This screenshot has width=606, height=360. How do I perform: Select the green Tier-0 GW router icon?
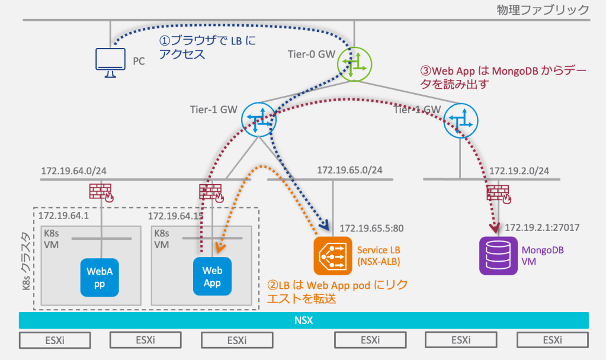tap(355, 63)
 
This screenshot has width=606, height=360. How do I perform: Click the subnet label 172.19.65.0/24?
tap(349, 170)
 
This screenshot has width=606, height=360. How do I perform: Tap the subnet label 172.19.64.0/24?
tap(73, 171)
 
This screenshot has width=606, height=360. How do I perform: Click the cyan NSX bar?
tap(303, 320)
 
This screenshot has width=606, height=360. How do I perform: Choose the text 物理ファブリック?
tap(544, 9)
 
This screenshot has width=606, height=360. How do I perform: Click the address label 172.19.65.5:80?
tap(371, 227)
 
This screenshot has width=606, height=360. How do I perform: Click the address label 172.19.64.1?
tap(63, 216)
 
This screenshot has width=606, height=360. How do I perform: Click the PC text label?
tap(139, 61)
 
